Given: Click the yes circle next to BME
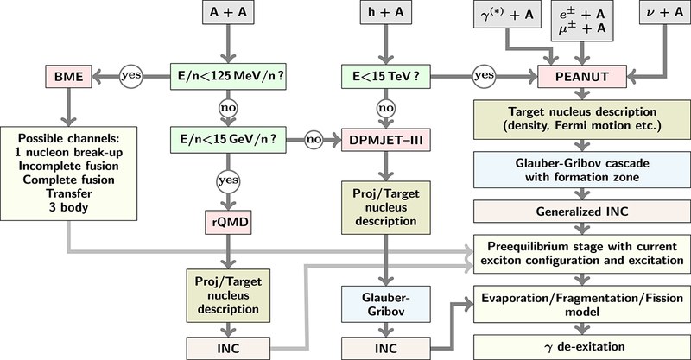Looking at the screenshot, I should coord(130,75).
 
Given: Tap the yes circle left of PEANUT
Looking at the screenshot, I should coord(483,75).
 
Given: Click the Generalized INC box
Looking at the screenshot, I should coord(578,212).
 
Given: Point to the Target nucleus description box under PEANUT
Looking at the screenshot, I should coord(578,119).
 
